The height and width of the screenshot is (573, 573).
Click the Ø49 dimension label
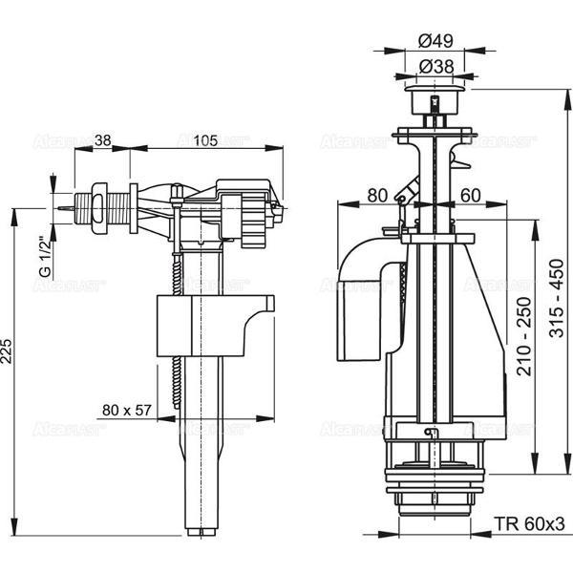point(435,40)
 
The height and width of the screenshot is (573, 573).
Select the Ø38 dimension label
point(435,66)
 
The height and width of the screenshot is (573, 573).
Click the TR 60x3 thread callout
point(530,524)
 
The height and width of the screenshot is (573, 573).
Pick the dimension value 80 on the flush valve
point(376,195)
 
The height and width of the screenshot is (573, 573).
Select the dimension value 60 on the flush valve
point(471,195)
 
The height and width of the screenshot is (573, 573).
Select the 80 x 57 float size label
point(127,411)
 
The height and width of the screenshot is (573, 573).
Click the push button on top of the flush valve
point(435,95)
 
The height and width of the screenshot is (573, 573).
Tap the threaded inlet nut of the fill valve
point(98,204)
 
